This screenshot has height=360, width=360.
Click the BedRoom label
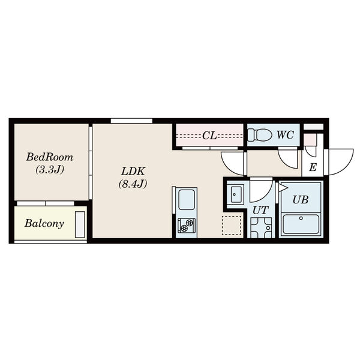(50, 157)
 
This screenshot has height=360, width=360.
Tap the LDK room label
(133, 172)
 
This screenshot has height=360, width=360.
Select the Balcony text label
(44, 223)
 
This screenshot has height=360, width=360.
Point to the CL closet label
(209, 136)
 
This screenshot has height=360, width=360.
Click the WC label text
(285, 135)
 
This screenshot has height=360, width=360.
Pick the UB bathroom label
(301, 200)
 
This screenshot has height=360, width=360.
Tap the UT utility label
(260, 210)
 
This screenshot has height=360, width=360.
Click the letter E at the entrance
(313, 167)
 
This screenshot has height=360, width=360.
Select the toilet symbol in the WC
(260, 135)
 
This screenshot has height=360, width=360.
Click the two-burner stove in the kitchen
(187, 225)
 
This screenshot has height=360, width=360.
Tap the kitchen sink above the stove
(187, 200)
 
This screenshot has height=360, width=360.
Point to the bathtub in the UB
(301, 224)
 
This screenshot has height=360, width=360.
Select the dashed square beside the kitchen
(232, 225)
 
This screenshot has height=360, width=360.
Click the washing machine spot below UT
(261, 228)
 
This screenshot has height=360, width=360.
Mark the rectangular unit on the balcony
(80, 224)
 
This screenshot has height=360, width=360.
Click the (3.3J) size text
(50, 170)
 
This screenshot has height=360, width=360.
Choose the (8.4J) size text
(133, 184)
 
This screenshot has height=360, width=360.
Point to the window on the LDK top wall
(131, 121)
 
